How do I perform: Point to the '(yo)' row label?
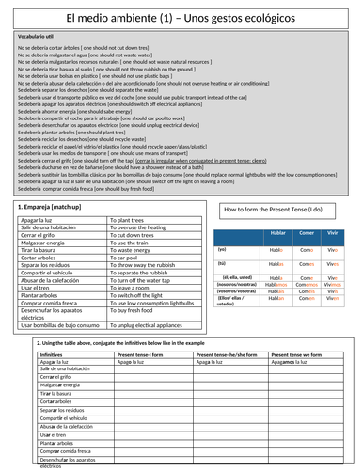click(223, 249)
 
